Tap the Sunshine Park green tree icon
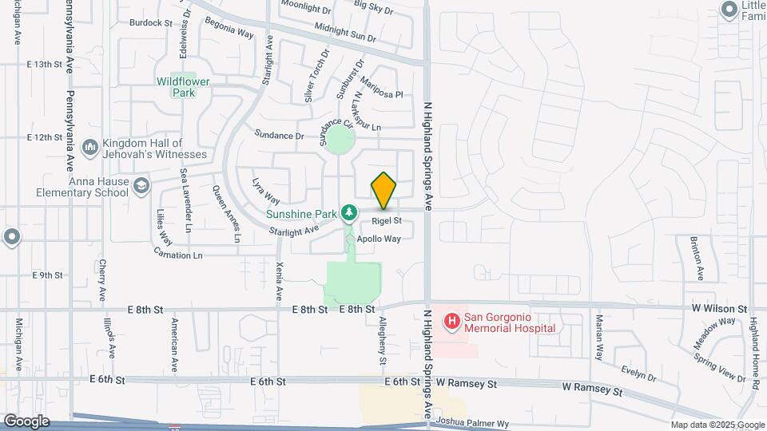coord(348,213)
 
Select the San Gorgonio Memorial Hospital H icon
coord(452,321)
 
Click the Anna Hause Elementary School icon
coord(141,186)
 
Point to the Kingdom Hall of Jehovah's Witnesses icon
coord(90,148)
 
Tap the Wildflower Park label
coord(176,86)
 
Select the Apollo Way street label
coord(379,239)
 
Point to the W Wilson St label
coord(720,308)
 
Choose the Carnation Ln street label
coord(181,255)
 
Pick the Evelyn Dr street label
coord(638,374)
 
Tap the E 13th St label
coord(44,64)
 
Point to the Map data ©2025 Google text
coord(717,425)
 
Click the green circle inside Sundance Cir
coord(340,142)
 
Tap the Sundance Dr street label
coord(279,136)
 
